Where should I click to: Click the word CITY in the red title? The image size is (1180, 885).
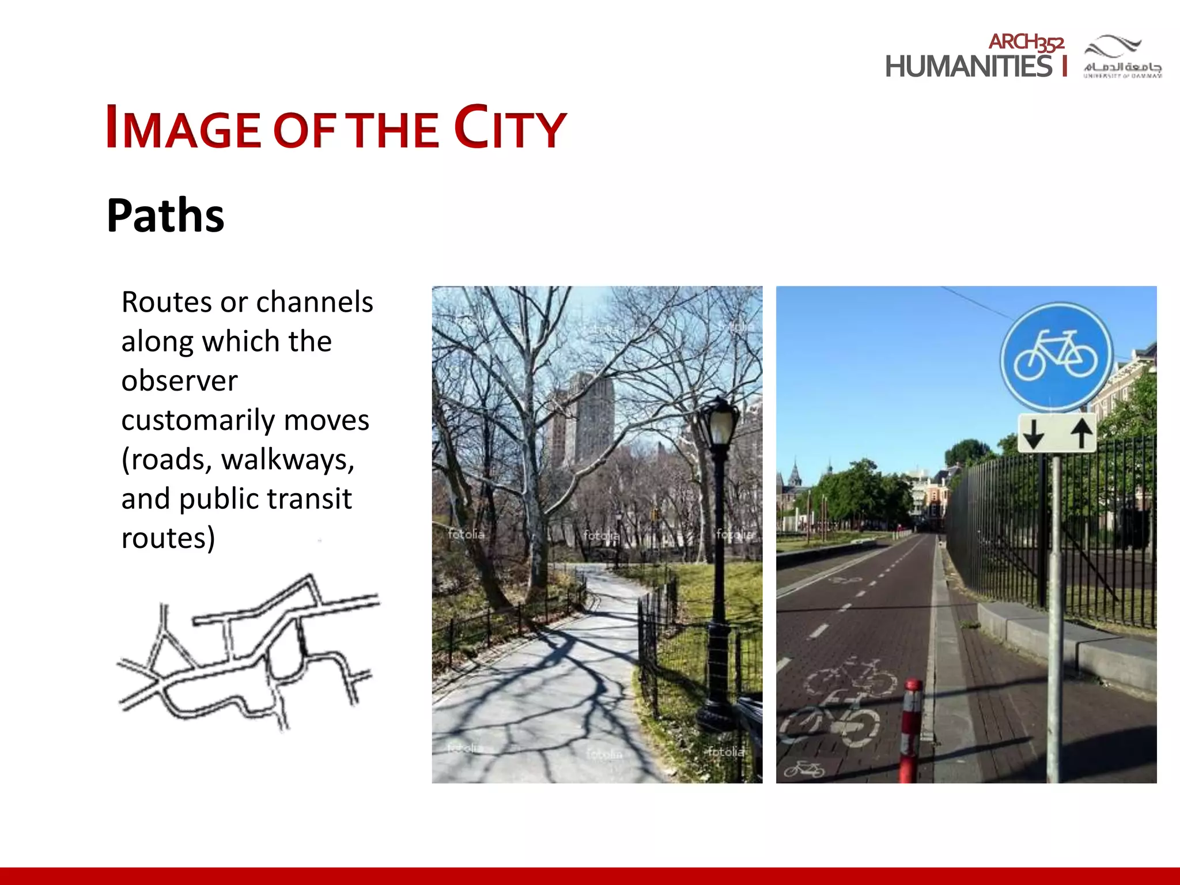[x=510, y=127]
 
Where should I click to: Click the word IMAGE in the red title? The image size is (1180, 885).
[x=183, y=128]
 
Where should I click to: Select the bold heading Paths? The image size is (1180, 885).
[x=165, y=215]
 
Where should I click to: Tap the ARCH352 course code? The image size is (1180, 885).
[x=1026, y=42]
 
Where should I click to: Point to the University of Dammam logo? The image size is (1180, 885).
[x=1122, y=56]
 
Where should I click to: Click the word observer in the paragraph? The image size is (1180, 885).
[x=179, y=381]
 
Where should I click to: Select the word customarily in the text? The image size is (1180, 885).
[x=198, y=421]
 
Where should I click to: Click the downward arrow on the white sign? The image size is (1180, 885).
[x=1034, y=434]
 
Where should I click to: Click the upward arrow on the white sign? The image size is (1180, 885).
[x=1081, y=433]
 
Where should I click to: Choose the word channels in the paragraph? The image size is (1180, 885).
[x=314, y=302]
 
